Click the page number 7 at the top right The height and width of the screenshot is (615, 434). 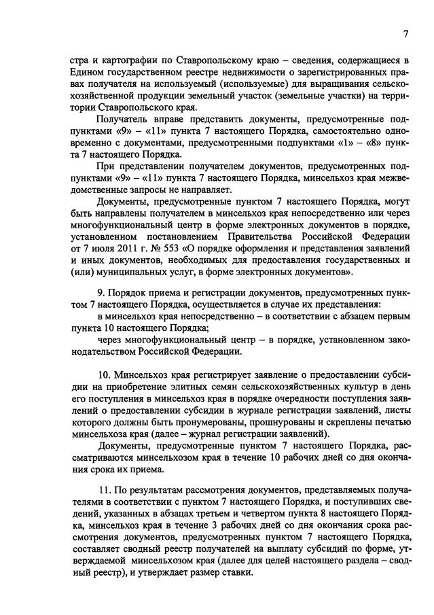pyautogui.click(x=405, y=34)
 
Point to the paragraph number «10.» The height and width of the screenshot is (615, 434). pyautogui.click(x=105, y=374)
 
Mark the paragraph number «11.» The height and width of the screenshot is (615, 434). pyautogui.click(x=105, y=489)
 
